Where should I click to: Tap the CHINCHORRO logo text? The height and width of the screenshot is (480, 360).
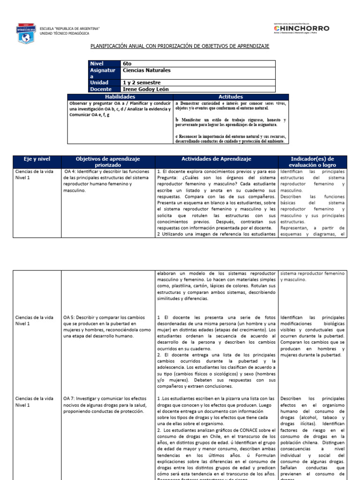coord(301,29)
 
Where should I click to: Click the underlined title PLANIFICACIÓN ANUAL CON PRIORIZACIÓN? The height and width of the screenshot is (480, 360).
coord(180,47)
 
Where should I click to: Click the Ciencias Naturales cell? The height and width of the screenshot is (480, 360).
coord(146,70)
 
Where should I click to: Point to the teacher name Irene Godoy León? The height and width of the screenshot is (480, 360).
coord(145,89)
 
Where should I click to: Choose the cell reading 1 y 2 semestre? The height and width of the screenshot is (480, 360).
coord(141,82)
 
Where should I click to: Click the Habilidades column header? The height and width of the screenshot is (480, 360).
coord(120,96)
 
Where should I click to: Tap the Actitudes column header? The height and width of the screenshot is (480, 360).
coord(231,96)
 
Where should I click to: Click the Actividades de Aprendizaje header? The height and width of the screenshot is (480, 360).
coord(217,159)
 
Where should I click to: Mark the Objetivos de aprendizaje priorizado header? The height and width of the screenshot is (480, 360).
coord(108,162)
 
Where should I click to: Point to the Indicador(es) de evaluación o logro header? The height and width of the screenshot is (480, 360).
coord(313,162)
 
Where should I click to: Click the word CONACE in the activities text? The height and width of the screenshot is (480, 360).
coord(239,430)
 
